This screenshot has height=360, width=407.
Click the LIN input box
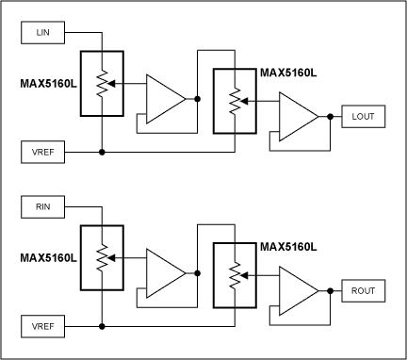pos(42,33)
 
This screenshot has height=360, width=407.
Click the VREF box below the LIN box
pos(42,151)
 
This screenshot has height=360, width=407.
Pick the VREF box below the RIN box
pos(42,325)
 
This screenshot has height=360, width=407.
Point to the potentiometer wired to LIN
pos(101,82)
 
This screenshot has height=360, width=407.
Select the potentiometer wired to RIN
pos(101,256)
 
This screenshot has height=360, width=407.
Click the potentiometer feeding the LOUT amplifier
pos(235,103)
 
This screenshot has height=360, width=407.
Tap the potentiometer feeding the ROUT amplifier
pos(235,277)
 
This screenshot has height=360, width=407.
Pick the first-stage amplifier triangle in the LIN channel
pos(167,96)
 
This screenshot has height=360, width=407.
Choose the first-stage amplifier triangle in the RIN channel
pos(167,270)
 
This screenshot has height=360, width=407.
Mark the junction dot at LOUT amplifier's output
pos(330,116)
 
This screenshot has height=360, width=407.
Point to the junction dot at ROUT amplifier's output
pos(330,290)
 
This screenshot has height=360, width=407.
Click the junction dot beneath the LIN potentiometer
pos(101,151)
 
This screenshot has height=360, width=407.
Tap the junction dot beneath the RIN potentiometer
pos(101,325)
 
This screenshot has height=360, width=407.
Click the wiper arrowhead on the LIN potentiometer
pos(112,82)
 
